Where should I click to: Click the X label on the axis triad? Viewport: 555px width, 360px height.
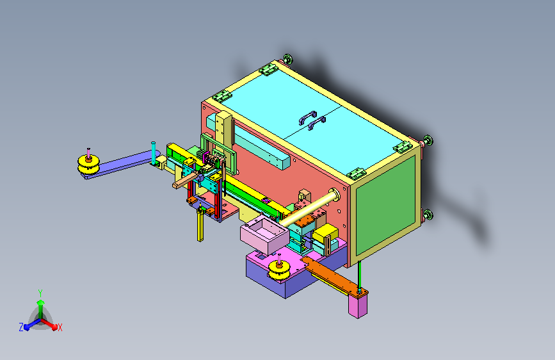coord(60,327)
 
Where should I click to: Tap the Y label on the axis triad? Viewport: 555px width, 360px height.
coord(40,293)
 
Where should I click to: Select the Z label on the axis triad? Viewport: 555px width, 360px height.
coord(21,327)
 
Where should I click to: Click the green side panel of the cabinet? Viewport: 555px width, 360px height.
coord(385,205)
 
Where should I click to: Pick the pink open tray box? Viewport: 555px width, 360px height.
coord(264,236)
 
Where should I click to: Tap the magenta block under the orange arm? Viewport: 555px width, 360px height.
coord(357,306)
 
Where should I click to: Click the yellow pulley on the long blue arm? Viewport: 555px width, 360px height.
coord(88,165)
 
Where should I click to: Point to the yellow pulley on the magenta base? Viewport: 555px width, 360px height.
coord(279,270)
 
